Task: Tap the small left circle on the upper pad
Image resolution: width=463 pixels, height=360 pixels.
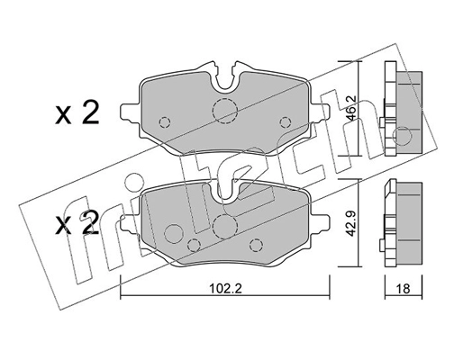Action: click(163, 122)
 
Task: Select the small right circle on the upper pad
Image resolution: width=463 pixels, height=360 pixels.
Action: click(286, 122)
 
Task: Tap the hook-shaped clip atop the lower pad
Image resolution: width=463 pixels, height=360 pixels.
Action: click(233, 188)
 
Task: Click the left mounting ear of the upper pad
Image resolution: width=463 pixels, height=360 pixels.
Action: click(128, 114)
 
